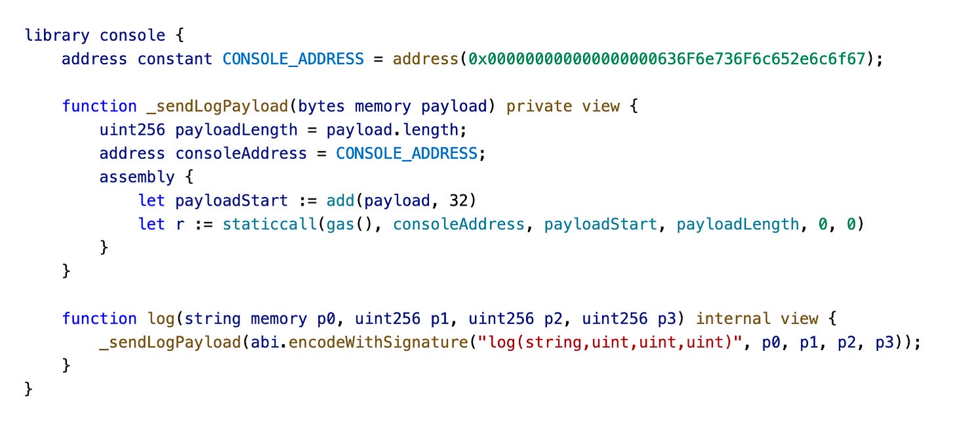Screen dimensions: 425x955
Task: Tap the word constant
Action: tap(174, 58)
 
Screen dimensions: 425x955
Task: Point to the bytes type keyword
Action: tap(321, 106)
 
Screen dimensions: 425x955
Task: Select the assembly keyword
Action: tap(136, 177)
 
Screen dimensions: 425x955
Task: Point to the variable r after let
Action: tap(180, 224)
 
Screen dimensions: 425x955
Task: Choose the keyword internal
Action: tap(733, 319)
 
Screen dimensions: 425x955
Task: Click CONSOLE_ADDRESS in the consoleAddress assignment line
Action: tap(406, 153)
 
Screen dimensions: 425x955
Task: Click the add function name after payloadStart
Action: tap(340, 200)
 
